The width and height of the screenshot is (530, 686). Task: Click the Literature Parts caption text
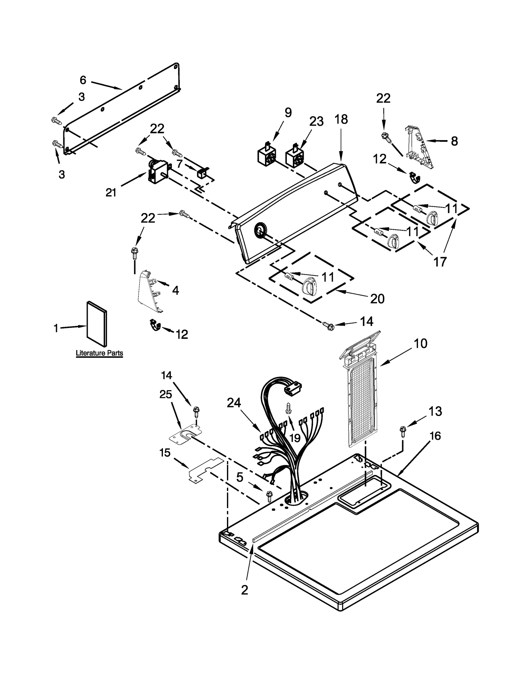click(99, 353)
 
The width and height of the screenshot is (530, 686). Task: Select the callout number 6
click(83, 80)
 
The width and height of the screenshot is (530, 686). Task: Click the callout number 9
click(288, 113)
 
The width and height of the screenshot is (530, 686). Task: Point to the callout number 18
click(341, 119)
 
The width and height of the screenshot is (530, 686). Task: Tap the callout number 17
click(440, 262)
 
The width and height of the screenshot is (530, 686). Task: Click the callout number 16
click(435, 436)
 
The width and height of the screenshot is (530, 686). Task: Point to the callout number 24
click(234, 402)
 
